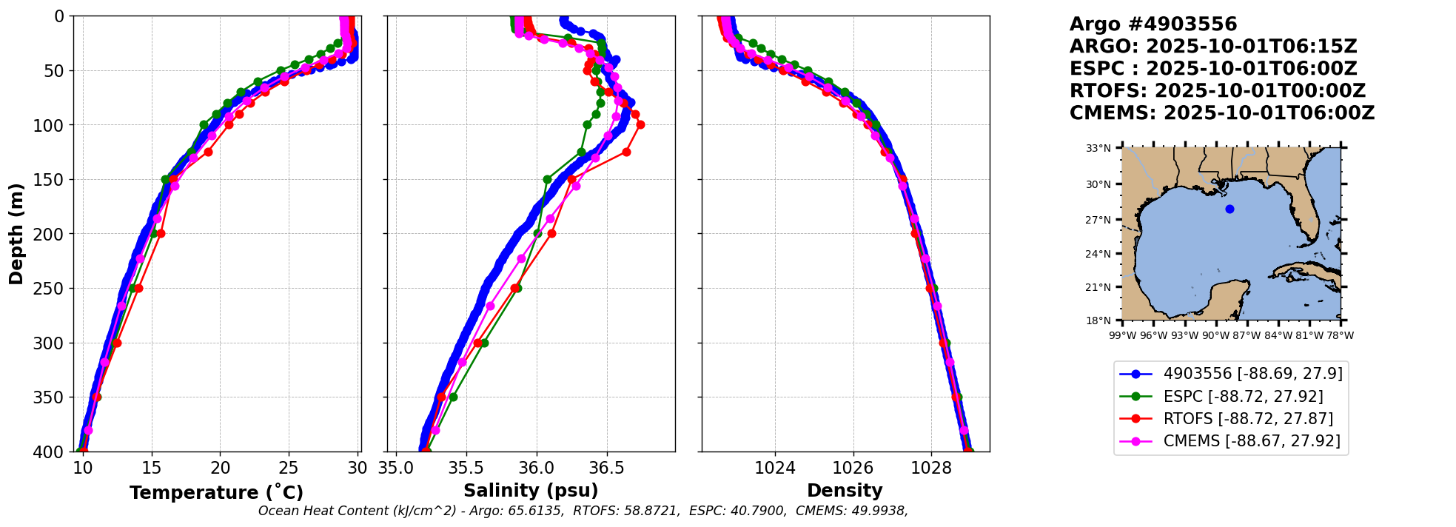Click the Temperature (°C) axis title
pyautogui.click(x=216, y=492)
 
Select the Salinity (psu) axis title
pyautogui.click(x=531, y=491)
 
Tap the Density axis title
pyautogui.click(x=845, y=491)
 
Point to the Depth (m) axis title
pyautogui.click(x=16, y=234)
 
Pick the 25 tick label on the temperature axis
pyautogui.click(x=289, y=468)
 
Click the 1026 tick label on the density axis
pyautogui.click(x=853, y=468)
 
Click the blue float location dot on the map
pyautogui.click(x=1229, y=209)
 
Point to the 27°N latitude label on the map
pyautogui.click(x=1098, y=220)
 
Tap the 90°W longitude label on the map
pyautogui.click(x=1215, y=335)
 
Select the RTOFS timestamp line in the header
pyautogui.click(x=1217, y=91)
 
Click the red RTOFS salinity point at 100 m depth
pyautogui.click(x=640, y=124)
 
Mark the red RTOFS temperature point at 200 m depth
pyautogui.click(x=161, y=233)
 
